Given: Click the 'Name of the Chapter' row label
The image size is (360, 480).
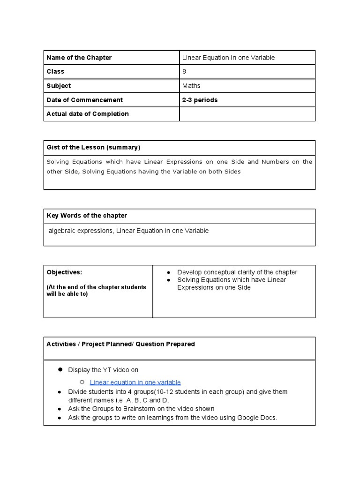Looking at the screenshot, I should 79,58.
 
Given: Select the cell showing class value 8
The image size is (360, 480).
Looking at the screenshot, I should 184,72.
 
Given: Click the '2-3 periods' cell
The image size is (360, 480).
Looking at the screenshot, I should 200,100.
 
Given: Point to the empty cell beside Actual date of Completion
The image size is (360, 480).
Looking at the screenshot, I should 247,114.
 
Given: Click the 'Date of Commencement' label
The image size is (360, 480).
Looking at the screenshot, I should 85,100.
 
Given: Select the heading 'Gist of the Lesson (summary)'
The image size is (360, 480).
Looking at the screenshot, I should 93,147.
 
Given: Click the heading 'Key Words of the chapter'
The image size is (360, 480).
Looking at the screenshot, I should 87,216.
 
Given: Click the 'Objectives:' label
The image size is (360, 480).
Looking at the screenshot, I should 64,272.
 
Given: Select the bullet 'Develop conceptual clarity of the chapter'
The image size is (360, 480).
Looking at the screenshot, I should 237,272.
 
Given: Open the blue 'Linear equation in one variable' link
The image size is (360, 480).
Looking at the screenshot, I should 135,382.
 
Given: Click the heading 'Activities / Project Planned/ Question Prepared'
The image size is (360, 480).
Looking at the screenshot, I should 120,344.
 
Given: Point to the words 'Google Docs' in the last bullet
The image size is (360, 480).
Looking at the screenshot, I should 257,418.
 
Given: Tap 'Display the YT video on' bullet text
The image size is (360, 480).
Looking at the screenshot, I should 103,370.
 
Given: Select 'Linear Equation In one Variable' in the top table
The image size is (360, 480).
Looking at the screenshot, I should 228,58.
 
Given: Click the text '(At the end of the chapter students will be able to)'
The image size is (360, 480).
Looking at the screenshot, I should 96,291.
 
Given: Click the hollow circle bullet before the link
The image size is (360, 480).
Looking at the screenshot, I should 82,382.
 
